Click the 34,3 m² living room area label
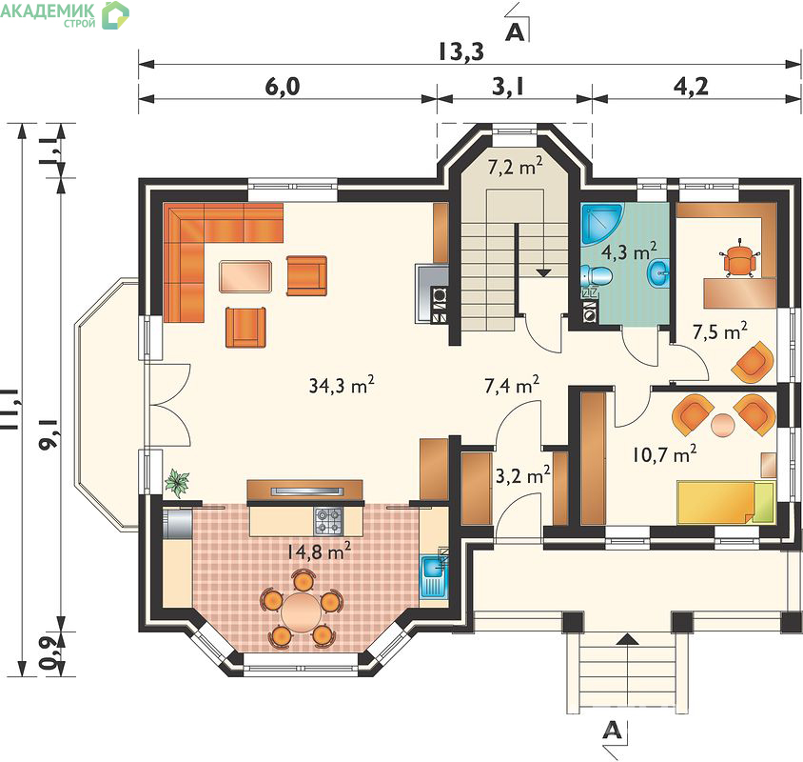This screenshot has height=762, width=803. pos(342,385)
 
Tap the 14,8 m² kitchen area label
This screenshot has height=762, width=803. pos(318,551)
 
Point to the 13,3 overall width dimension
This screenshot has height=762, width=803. pos(460,51)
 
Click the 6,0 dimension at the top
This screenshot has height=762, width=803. pos(283,87)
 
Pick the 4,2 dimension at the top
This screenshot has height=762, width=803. pos(691,87)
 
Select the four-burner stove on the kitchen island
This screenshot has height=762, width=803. pos(328,521)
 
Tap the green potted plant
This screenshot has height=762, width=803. pos(177,483)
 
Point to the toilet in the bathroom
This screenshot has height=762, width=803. pos(597,275)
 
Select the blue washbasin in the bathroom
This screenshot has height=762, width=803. pos(658,272)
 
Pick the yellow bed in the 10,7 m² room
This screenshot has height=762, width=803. pos(726,502)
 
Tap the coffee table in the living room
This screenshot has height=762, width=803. pos(245,276)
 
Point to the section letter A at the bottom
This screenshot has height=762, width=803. pos(613,729)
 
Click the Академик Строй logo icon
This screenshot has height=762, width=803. pos(115,15)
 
